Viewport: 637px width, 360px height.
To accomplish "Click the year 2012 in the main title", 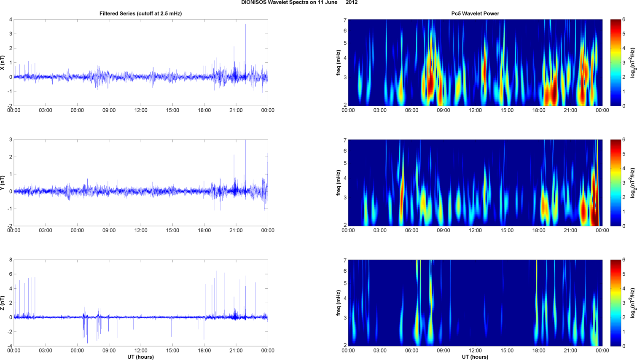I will [352, 3].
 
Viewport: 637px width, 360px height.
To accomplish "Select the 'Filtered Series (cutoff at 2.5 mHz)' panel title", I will [140, 13].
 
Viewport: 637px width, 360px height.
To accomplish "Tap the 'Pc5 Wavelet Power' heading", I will [475, 13].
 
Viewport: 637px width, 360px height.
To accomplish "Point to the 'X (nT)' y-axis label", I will [3, 63].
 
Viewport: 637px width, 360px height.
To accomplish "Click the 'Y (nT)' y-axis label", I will [3, 183].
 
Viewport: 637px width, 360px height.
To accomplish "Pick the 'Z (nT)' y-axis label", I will [3, 303].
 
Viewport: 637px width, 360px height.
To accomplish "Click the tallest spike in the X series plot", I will [245, 25].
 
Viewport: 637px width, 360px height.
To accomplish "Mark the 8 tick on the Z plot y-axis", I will [11, 260].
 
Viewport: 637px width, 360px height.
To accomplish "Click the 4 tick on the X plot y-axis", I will [11, 20].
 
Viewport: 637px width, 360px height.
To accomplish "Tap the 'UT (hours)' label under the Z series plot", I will [140, 357].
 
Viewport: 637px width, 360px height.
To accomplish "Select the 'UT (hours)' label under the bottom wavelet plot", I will [475, 357].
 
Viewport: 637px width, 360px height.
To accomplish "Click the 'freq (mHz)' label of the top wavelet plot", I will [339, 63].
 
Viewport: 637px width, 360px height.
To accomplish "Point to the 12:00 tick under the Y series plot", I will [141, 231].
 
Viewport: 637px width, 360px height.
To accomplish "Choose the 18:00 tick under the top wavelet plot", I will [539, 110].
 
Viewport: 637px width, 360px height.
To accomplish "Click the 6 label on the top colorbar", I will [624, 20].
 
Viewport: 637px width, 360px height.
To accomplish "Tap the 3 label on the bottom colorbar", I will [624, 303].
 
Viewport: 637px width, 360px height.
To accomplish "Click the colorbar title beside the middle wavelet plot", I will [633, 183].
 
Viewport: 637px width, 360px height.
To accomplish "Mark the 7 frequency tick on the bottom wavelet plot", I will [345, 261].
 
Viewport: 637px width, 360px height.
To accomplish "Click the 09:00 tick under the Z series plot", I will [109, 351].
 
